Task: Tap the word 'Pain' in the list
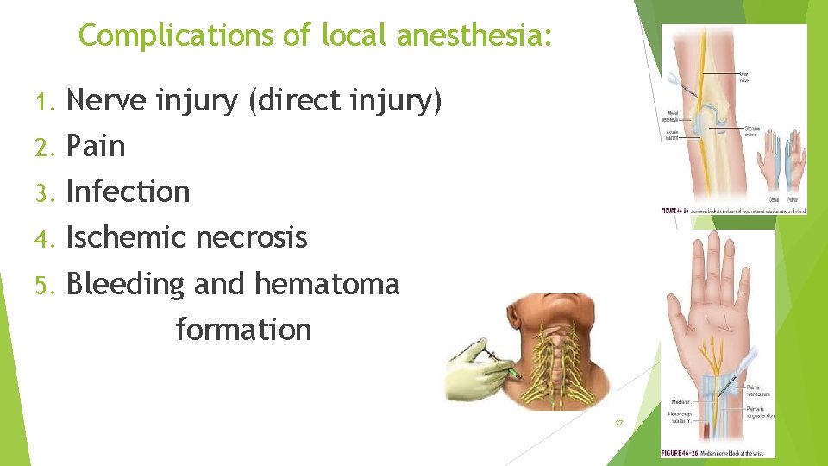(96, 147)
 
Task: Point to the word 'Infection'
(128, 192)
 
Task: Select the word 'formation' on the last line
(243, 329)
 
